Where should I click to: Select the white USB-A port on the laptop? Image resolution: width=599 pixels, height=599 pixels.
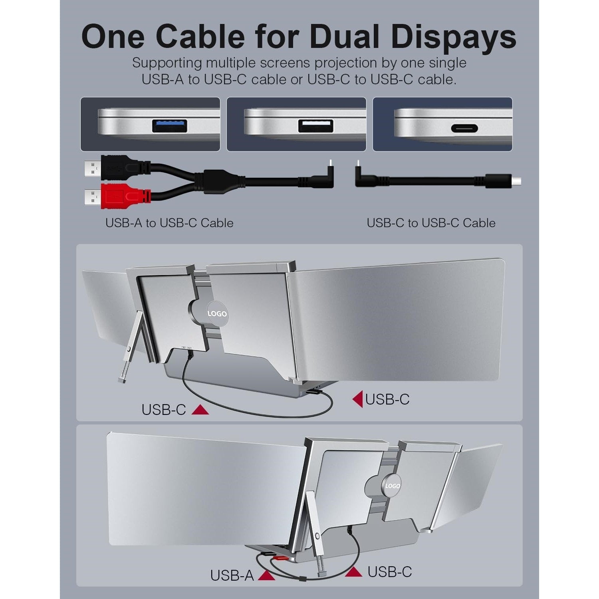click(316, 126)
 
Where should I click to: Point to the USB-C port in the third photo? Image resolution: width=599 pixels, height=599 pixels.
click(464, 129)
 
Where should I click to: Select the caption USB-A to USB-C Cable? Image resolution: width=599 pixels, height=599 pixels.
click(169, 223)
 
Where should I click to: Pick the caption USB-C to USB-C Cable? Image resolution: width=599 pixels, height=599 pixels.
click(431, 223)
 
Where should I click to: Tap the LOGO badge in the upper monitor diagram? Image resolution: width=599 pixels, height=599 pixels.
click(217, 313)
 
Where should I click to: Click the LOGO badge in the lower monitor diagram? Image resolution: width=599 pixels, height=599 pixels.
click(392, 486)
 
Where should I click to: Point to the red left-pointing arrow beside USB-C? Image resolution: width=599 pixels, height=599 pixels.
click(358, 399)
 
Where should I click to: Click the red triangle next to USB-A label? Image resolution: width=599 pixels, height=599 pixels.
click(267, 575)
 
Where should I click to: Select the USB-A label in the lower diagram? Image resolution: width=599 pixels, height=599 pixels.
click(232, 575)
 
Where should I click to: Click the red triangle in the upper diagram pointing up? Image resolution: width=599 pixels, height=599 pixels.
click(200, 409)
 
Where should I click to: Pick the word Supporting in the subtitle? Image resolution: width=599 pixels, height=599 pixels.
click(167, 63)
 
